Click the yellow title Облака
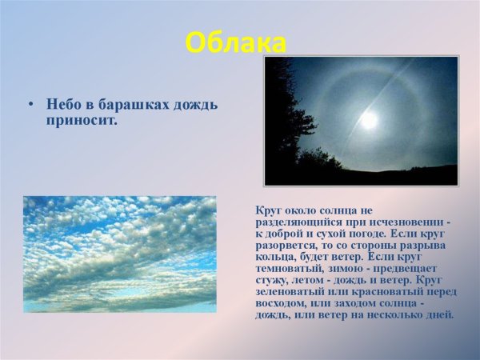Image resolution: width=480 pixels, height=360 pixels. click(x=235, y=42)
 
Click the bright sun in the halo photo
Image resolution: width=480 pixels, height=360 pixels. click(x=369, y=120)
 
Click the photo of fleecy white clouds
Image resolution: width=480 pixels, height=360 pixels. click(x=119, y=254)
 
